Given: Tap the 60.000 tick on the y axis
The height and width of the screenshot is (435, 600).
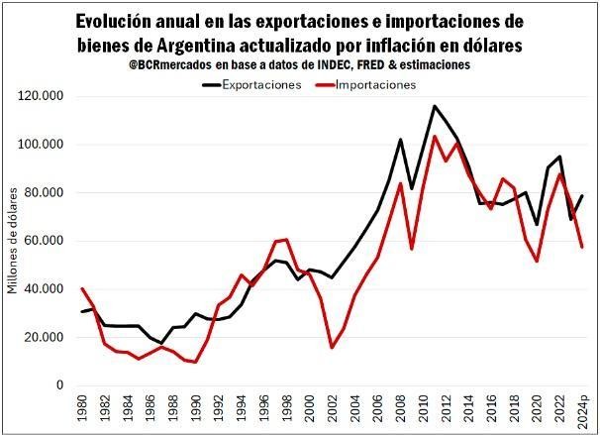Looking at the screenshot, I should (46, 241).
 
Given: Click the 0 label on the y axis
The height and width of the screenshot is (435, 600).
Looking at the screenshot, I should (61, 385).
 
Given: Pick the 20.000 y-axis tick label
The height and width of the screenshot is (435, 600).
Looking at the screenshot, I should (46, 337).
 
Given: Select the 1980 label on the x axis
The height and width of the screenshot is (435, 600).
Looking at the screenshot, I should (82, 409).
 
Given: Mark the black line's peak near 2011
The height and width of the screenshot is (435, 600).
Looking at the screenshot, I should (435, 106).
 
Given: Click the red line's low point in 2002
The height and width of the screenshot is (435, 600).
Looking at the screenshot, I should (332, 347).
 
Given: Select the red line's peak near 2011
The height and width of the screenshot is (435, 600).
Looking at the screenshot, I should (435, 136).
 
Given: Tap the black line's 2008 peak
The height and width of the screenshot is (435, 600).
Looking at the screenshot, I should (400, 140).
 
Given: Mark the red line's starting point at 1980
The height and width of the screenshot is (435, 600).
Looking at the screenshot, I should (82, 288).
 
